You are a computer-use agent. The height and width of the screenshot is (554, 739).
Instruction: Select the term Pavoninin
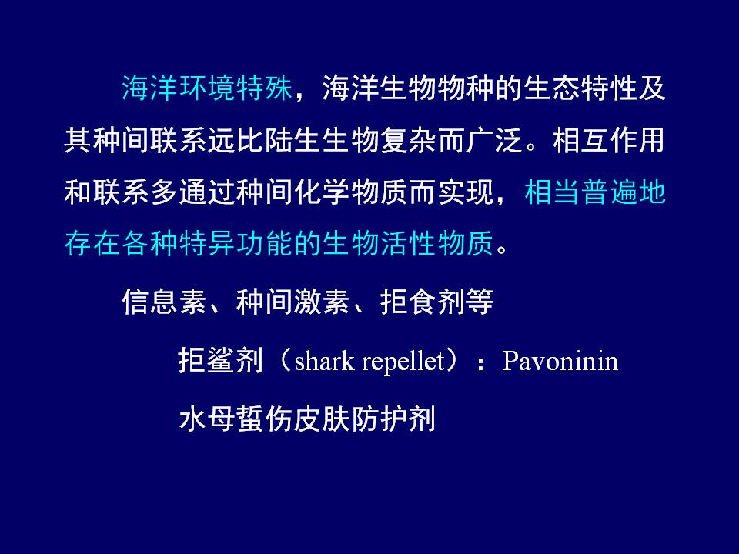[560, 362]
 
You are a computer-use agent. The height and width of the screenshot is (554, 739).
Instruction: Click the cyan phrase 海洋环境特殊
[207, 88]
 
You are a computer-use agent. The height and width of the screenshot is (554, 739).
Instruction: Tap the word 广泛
[494, 140]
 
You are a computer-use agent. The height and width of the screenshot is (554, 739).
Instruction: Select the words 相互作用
[608, 140]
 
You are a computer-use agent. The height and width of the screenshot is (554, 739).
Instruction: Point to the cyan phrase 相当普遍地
[595, 192]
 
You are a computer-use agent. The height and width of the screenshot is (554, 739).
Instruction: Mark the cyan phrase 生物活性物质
[408, 244]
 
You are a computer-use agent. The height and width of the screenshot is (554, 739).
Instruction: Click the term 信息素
[164, 302]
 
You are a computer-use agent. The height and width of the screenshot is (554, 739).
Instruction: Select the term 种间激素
[293, 302]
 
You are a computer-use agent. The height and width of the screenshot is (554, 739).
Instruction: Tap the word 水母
[207, 419]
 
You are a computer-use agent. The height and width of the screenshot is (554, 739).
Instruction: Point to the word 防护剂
[393, 419]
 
